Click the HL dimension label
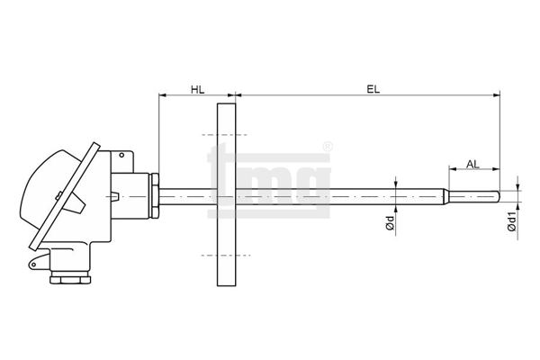198,90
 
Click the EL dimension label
373,90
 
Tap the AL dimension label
472,165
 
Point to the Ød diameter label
391,223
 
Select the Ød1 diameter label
512,221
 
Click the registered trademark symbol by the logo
328,147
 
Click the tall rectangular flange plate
227,194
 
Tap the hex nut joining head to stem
155,195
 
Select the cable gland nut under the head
70,279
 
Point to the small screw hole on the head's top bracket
121,156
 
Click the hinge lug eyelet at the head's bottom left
34,265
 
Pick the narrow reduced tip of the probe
474,196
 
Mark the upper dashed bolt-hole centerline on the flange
224,135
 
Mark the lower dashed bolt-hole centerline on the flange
226,256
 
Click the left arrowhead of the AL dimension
453,169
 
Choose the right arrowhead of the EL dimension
496,95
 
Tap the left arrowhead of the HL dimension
162,95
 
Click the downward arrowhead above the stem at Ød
396,185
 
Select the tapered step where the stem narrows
446,196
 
